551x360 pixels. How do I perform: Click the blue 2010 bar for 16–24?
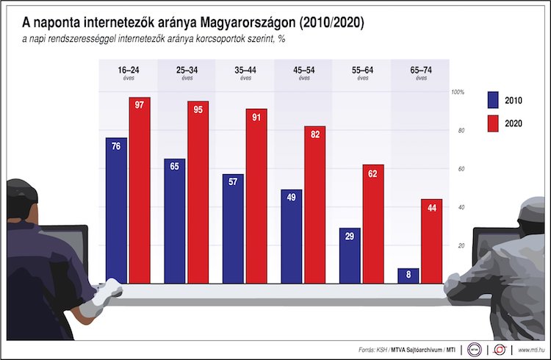116,209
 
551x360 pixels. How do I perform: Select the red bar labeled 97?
140,191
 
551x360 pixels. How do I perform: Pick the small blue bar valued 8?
408,276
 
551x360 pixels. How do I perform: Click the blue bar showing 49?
291,235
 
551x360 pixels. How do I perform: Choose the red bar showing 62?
373,224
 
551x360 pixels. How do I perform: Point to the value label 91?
256,117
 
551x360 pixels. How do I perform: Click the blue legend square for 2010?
492,101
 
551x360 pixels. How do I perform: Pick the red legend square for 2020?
492,123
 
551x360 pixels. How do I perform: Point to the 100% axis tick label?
458,93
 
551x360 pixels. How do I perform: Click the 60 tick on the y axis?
461,169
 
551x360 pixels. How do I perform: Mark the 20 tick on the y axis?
461,245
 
